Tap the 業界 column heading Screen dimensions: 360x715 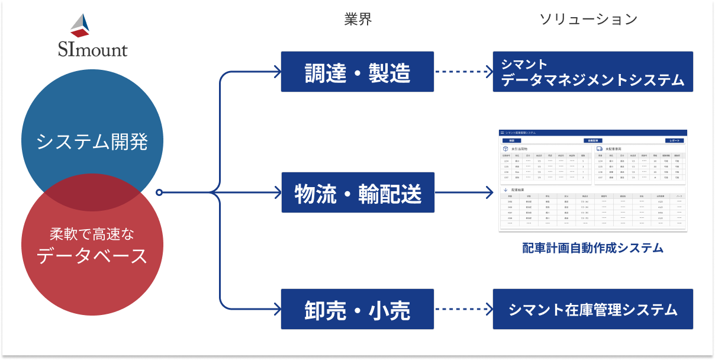358,19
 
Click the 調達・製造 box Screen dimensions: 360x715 357,72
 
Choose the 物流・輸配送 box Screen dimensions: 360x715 357,192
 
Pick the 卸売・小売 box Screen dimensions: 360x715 357,310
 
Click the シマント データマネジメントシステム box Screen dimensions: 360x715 592,72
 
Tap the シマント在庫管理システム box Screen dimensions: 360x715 592,310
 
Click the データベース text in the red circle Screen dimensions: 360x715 92,256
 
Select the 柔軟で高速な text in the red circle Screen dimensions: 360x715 92,234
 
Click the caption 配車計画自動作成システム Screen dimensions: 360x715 592,248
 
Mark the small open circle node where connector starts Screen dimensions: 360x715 159,192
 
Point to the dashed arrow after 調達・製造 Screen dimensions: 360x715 463,72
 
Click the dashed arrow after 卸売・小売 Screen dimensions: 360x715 463,310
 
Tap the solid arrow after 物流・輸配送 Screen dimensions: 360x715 463,192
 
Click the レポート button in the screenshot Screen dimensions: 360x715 675,141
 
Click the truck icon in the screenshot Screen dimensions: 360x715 599,149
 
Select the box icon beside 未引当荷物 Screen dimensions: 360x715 505,149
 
